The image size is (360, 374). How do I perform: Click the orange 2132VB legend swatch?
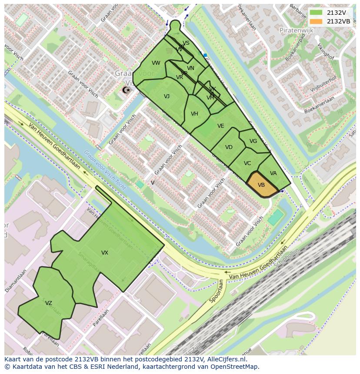[316, 22]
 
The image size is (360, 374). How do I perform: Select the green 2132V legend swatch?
[316, 13]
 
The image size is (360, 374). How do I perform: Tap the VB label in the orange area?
[261, 185]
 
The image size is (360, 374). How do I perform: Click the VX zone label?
[105, 253]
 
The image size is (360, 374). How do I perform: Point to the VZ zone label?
[49, 303]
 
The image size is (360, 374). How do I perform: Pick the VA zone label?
[273, 173]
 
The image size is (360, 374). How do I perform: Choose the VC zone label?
[247, 163]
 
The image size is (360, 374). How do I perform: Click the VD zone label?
[229, 147]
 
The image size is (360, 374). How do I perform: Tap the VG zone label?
[253, 141]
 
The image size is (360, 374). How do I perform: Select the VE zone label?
[220, 126]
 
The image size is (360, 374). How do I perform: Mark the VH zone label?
[194, 114]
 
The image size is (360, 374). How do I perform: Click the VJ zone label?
[167, 96]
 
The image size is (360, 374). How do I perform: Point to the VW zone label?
[156, 63]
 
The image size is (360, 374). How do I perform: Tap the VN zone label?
[190, 68]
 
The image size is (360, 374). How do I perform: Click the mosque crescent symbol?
[126, 90]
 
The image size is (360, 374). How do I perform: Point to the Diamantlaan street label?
[16, 281]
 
